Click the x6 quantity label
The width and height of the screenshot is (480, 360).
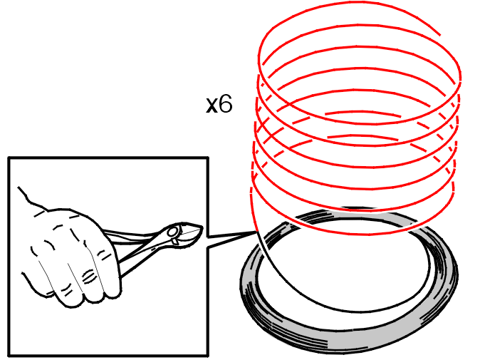pos(219,104)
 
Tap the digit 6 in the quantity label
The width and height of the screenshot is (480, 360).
pos(226,104)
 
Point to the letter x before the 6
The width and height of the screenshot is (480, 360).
pos(212,106)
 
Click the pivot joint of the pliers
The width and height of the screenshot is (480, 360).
pos(173,232)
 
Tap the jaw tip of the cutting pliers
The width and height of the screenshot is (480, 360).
pos(202,227)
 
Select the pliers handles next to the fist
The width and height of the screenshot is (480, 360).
pos(135,245)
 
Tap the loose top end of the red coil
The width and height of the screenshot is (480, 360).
pos(440,35)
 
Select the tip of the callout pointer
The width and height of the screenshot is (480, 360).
pos(256,232)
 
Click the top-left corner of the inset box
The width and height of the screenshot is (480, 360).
pos(9,158)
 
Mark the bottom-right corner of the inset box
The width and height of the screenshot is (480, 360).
pos(208,356)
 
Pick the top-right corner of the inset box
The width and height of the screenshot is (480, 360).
pos(208,158)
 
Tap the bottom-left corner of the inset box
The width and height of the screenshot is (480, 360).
pos(9,356)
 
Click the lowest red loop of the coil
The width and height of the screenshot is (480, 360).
pos(352,234)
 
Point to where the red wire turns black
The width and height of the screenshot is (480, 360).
pos(257,233)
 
